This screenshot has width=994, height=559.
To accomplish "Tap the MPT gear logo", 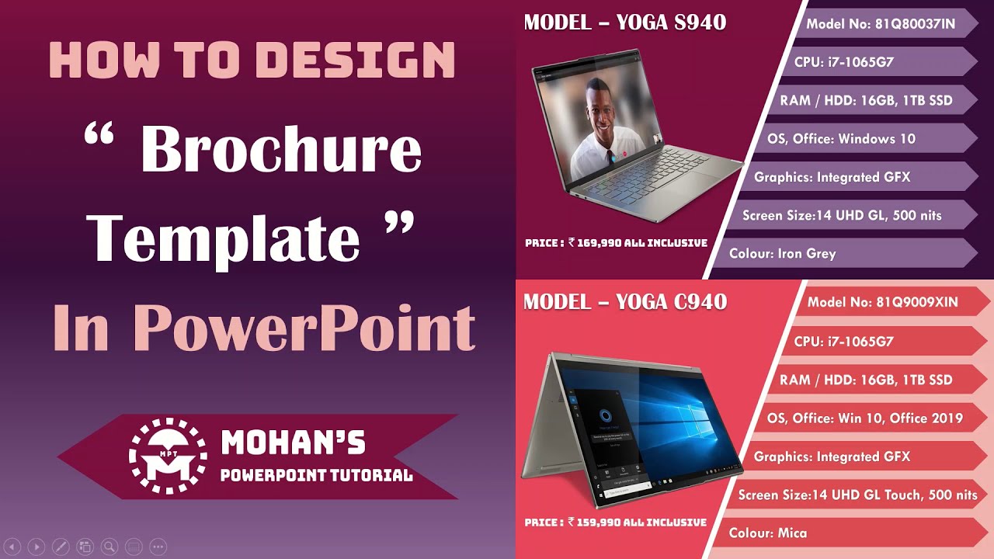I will [x=168, y=457].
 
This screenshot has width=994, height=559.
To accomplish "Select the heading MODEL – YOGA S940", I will [x=625, y=23].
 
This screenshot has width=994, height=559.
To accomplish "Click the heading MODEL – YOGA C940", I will [x=625, y=301].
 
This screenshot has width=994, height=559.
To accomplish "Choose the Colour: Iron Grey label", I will [x=783, y=253].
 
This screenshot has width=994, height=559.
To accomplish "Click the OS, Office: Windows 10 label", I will [x=841, y=139].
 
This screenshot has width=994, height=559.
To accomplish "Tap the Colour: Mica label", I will [x=768, y=533].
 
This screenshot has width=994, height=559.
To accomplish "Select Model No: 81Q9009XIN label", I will [x=882, y=302].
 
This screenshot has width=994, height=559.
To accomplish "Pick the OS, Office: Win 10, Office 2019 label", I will [x=864, y=418].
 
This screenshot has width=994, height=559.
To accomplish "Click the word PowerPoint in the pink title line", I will [x=303, y=328].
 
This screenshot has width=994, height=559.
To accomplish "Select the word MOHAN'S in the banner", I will [x=293, y=443].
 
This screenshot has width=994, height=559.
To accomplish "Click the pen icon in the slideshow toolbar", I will [x=61, y=547].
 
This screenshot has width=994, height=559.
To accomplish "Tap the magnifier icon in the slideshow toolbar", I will [x=109, y=547].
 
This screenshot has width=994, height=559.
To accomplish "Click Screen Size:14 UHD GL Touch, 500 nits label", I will [x=857, y=495].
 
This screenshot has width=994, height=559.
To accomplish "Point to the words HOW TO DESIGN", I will [x=252, y=60].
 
